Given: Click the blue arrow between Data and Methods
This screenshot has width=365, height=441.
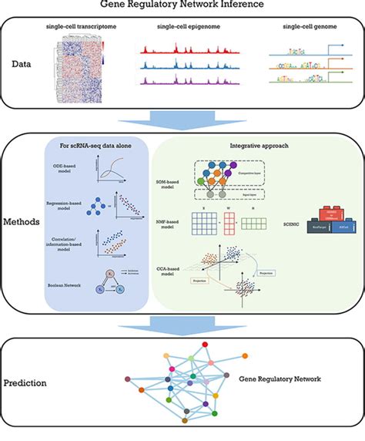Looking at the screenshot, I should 182,120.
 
